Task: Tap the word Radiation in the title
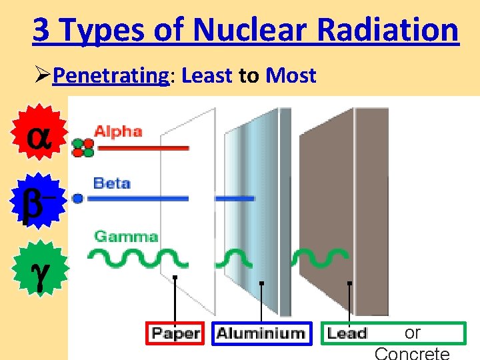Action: click(x=387, y=30)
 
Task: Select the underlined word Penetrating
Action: click(x=111, y=76)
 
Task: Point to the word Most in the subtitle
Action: click(x=291, y=76)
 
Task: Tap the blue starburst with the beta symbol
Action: click(x=38, y=199)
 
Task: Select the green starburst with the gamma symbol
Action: click(x=39, y=267)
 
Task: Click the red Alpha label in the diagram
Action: click(x=118, y=131)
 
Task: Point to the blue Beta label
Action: click(x=111, y=183)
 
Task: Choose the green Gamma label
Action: click(x=126, y=236)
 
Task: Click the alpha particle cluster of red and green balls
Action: click(x=83, y=147)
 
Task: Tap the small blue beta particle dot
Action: click(x=79, y=198)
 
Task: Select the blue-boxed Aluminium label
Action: click(x=261, y=333)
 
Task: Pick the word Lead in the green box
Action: click(x=347, y=333)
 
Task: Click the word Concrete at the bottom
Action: click(x=412, y=353)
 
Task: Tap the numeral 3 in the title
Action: click(x=41, y=30)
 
